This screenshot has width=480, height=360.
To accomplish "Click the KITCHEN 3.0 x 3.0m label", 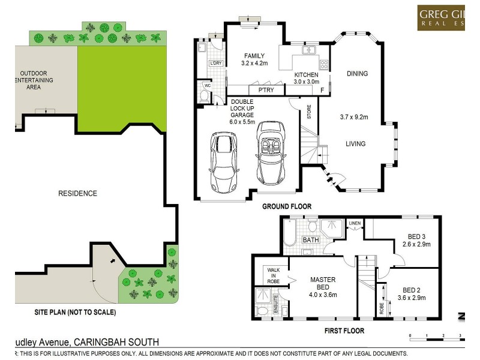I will (x=306, y=78).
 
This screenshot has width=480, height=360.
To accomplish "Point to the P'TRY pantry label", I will (x=266, y=90).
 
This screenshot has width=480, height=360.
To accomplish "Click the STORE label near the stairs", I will (x=309, y=113).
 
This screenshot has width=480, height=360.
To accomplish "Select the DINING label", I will (x=357, y=74).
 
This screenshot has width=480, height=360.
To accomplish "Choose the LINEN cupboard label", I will (x=355, y=224).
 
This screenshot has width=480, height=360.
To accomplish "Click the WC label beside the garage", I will (x=208, y=86).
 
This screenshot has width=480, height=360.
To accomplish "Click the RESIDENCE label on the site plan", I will (x=77, y=193).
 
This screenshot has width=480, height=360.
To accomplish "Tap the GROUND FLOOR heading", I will (x=287, y=206).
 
